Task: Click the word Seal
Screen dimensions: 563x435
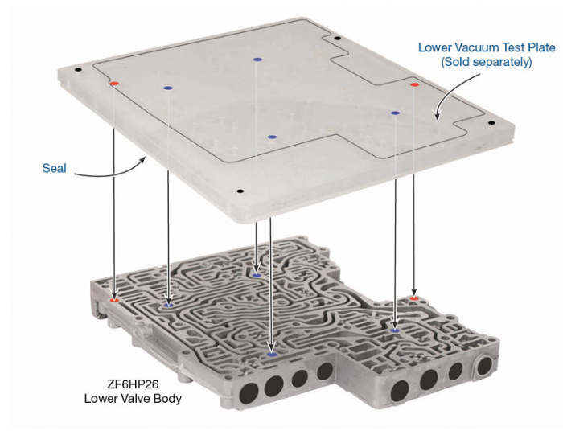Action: tap(54, 168)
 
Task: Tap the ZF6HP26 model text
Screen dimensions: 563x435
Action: tap(133, 384)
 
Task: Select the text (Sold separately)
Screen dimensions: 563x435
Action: tap(487, 62)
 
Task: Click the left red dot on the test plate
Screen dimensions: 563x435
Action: tap(114, 84)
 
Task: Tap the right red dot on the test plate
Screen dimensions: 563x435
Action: tap(415, 84)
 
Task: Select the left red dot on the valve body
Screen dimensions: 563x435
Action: tap(114, 300)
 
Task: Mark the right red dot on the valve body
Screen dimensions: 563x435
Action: tap(414, 298)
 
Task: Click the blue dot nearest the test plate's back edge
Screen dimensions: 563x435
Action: tap(257, 60)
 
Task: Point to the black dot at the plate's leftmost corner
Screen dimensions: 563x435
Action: tap(78, 70)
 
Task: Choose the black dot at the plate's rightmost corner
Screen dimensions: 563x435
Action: tap(491, 123)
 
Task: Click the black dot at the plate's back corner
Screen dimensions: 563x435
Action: tap(337, 39)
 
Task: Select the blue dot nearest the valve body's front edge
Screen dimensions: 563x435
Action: tap(272, 355)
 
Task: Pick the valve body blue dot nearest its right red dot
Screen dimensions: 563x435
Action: tap(395, 330)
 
